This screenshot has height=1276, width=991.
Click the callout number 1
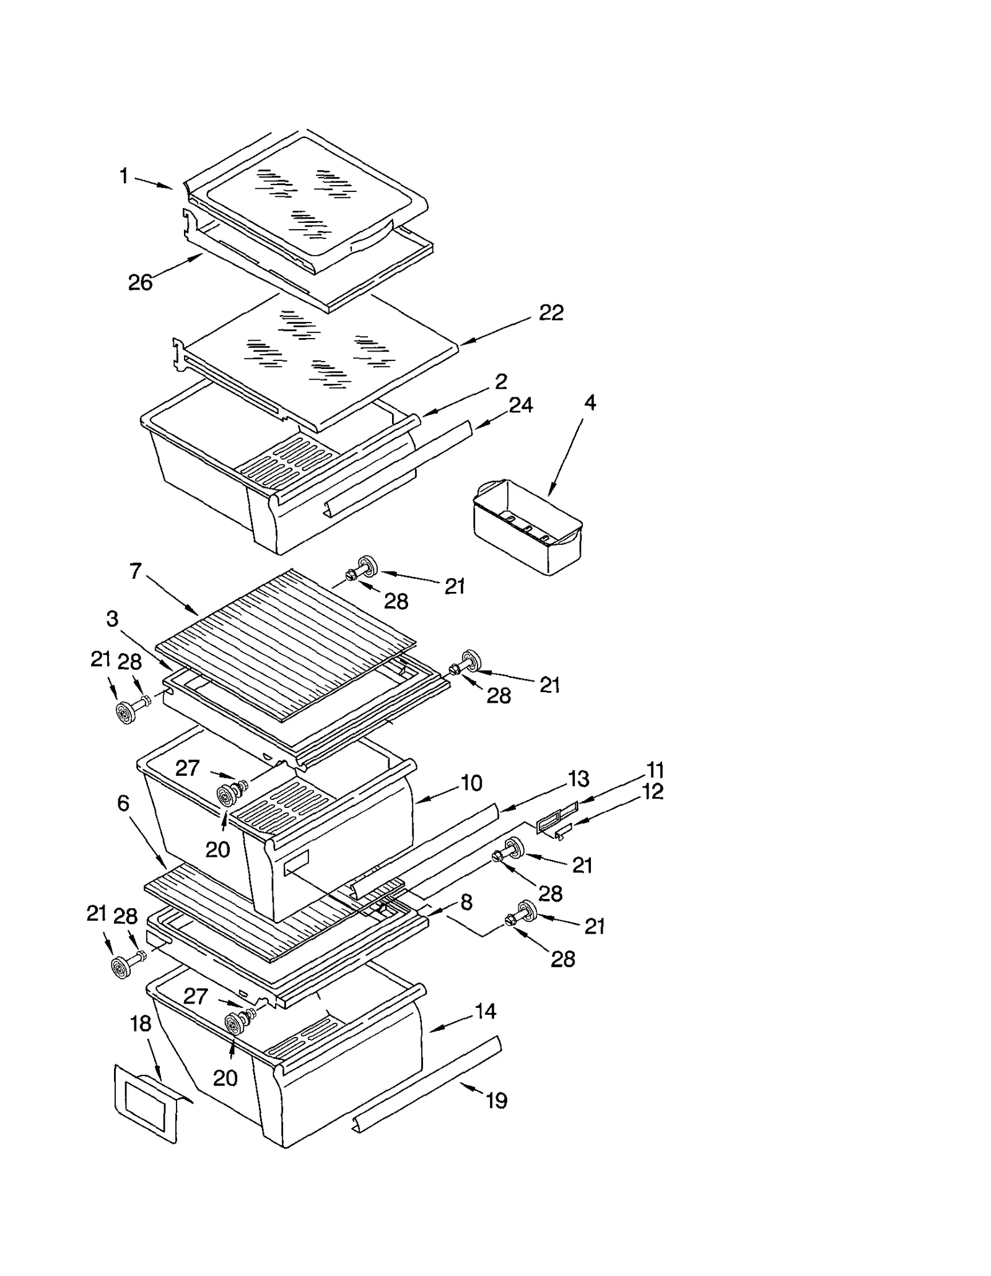(124, 177)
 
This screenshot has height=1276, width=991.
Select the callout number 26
(140, 283)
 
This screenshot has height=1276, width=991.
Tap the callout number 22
(551, 313)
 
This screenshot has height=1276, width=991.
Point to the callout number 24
(520, 406)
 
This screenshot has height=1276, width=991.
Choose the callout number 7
(136, 571)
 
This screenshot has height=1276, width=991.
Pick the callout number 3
(112, 618)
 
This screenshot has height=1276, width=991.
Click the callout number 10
(471, 783)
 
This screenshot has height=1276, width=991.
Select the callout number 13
(578, 779)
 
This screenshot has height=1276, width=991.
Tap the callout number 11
(655, 770)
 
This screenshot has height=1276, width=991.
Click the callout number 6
(123, 803)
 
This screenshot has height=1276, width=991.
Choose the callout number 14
(485, 1011)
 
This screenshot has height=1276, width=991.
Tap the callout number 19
(496, 1100)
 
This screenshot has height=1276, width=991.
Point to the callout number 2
(501, 381)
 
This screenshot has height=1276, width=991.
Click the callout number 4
(590, 403)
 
